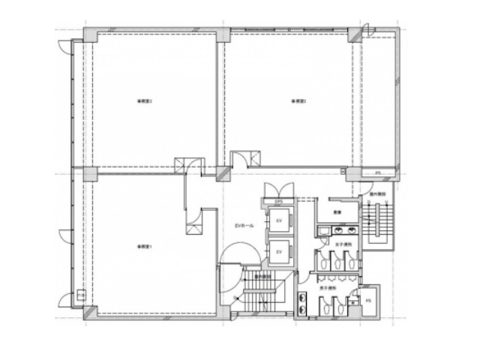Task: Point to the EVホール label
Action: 244,226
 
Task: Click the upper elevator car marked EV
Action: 279,220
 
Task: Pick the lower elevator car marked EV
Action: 279,251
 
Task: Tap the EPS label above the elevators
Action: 277,202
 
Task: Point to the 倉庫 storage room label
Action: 337,212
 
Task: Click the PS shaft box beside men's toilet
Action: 367,301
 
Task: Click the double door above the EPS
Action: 271,189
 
